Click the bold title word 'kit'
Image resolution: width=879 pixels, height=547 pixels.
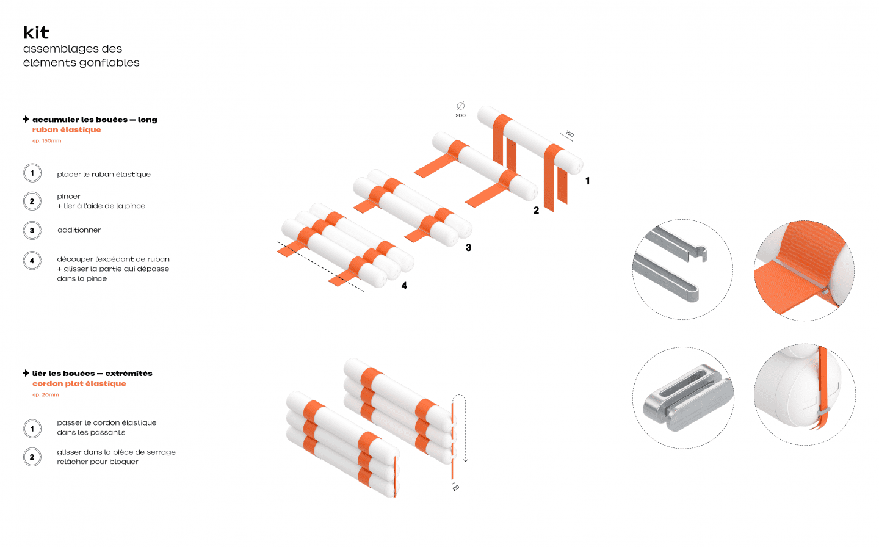pyautogui.click(x=36, y=32)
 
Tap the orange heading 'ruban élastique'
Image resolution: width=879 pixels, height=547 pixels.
pyautogui.click(x=67, y=130)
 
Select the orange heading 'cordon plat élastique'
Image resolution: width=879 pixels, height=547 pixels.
pyautogui.click(x=79, y=384)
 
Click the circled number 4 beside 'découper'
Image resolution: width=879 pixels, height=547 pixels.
pyautogui.click(x=32, y=261)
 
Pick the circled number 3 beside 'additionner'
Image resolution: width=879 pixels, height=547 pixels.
pyautogui.click(x=32, y=230)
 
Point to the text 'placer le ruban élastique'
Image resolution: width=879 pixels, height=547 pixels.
pyautogui.click(x=104, y=174)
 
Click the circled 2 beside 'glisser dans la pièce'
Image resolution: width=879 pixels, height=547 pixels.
pyautogui.click(x=32, y=457)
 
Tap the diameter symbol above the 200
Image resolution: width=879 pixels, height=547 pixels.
pyautogui.click(x=461, y=106)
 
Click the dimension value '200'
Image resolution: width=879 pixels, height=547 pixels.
pyautogui.click(x=461, y=115)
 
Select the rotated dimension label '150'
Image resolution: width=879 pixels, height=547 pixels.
pyautogui.click(x=570, y=134)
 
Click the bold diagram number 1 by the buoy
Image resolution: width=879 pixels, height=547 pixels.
pyautogui.click(x=587, y=181)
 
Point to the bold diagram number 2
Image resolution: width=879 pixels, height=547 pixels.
pyautogui.click(x=536, y=211)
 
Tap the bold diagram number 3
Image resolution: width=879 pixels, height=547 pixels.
pyautogui.click(x=469, y=248)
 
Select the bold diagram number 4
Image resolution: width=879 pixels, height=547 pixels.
pyautogui.click(x=404, y=286)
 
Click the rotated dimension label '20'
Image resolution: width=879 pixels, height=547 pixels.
pyautogui.click(x=455, y=488)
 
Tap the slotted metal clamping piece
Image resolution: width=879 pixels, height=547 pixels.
pyautogui.click(x=687, y=398)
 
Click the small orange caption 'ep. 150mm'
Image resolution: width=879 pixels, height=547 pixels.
pyautogui.click(x=46, y=141)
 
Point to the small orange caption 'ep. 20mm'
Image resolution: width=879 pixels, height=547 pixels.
pyautogui.click(x=46, y=395)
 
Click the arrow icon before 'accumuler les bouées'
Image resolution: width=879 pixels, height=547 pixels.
pyautogui.click(x=26, y=119)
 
